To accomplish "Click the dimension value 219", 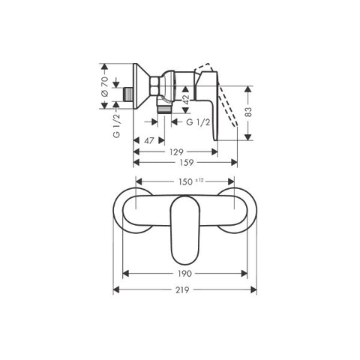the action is pyautogui.click(x=182, y=290).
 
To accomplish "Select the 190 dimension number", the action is pyautogui.click(x=184, y=274).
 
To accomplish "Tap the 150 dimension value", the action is pyautogui.click(x=185, y=181).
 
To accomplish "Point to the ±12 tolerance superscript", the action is pyautogui.click(x=199, y=180).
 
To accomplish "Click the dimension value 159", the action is pyautogui.click(x=187, y=163).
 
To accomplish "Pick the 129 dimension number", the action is pyautogui.click(x=176, y=151).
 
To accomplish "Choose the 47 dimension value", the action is pyautogui.click(x=149, y=140).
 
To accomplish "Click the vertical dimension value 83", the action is pyautogui.click(x=248, y=112).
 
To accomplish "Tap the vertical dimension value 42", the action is pyautogui.click(x=186, y=100).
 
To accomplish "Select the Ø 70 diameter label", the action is pyautogui.click(x=105, y=86).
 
